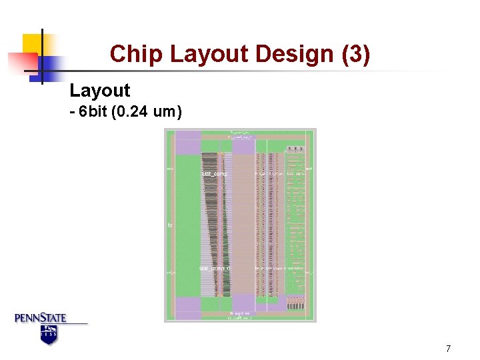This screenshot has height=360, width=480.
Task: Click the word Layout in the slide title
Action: [x=213, y=54]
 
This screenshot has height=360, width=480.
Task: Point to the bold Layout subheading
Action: [x=100, y=91]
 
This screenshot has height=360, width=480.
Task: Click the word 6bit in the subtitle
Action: [x=93, y=111]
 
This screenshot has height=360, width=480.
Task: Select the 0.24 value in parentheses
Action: [x=132, y=111]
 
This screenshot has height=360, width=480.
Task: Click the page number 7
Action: [x=449, y=349]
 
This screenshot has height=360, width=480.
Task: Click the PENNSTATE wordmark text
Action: [x=41, y=318]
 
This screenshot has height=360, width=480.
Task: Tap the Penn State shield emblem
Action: [x=49, y=334]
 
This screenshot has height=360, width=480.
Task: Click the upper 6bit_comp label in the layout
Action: [x=214, y=173]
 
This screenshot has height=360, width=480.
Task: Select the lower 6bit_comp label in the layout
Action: [x=214, y=269]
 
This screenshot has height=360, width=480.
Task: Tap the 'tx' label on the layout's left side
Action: [x=170, y=225]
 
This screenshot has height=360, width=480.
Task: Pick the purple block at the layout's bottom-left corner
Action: [x=188, y=305]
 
